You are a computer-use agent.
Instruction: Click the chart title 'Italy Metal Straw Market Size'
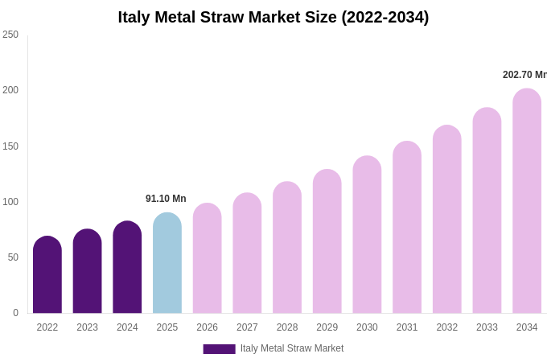click(x=273, y=17)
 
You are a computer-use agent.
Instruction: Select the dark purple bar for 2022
click(x=47, y=275)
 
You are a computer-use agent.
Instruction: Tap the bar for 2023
click(x=87, y=272)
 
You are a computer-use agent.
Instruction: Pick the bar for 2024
click(x=127, y=268)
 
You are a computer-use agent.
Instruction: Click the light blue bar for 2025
click(x=167, y=264)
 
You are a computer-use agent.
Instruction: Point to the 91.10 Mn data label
click(x=166, y=199)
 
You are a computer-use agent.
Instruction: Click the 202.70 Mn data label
click(x=524, y=75)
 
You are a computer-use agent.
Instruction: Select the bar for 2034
click(x=527, y=201)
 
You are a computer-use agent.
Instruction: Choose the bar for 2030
click(x=367, y=235)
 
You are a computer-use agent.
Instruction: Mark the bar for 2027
click(x=247, y=253)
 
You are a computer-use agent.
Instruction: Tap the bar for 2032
click(x=447, y=220)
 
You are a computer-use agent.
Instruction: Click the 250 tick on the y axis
click(x=10, y=35)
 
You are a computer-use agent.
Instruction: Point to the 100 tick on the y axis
click(x=10, y=202)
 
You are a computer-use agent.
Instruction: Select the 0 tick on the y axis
click(x=15, y=313)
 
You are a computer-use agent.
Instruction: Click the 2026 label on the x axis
click(x=208, y=327)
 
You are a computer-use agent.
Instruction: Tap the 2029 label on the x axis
click(x=327, y=327)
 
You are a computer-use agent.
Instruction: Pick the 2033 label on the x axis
click(x=487, y=327)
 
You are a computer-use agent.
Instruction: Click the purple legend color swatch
click(x=219, y=349)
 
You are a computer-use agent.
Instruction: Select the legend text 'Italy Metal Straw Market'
click(x=292, y=348)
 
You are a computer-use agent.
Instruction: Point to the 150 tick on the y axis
click(x=10, y=146)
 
